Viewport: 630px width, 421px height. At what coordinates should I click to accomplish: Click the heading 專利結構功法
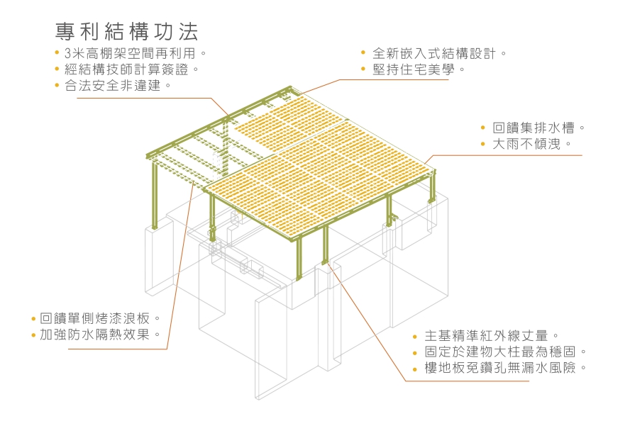(127, 32)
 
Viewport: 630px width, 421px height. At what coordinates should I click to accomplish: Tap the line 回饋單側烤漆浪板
(99, 318)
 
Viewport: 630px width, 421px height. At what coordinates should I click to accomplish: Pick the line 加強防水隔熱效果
(99, 335)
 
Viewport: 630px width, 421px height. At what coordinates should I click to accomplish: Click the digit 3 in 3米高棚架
(67, 53)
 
